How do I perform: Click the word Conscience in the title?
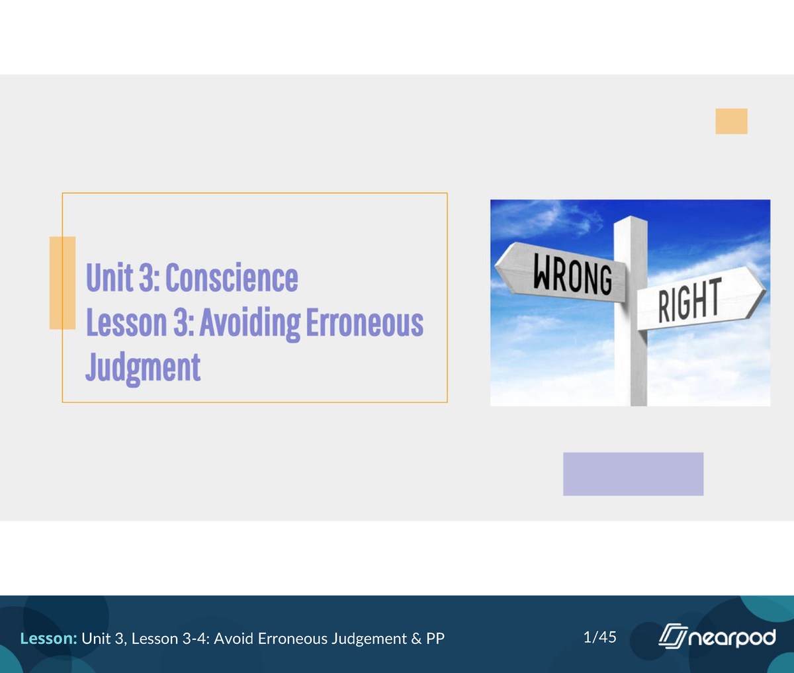coord(232,277)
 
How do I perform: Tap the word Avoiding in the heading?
coord(250,323)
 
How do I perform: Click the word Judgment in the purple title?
coord(143,368)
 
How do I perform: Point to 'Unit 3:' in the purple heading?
coord(122,277)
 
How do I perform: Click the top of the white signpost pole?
coord(630,222)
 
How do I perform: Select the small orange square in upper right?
coord(731,121)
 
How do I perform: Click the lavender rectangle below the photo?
coord(633,474)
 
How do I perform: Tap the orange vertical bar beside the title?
coord(62,283)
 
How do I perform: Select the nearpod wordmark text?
coord(732,638)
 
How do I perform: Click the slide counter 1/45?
coord(599,637)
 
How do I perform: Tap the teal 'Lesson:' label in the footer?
coord(49,639)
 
